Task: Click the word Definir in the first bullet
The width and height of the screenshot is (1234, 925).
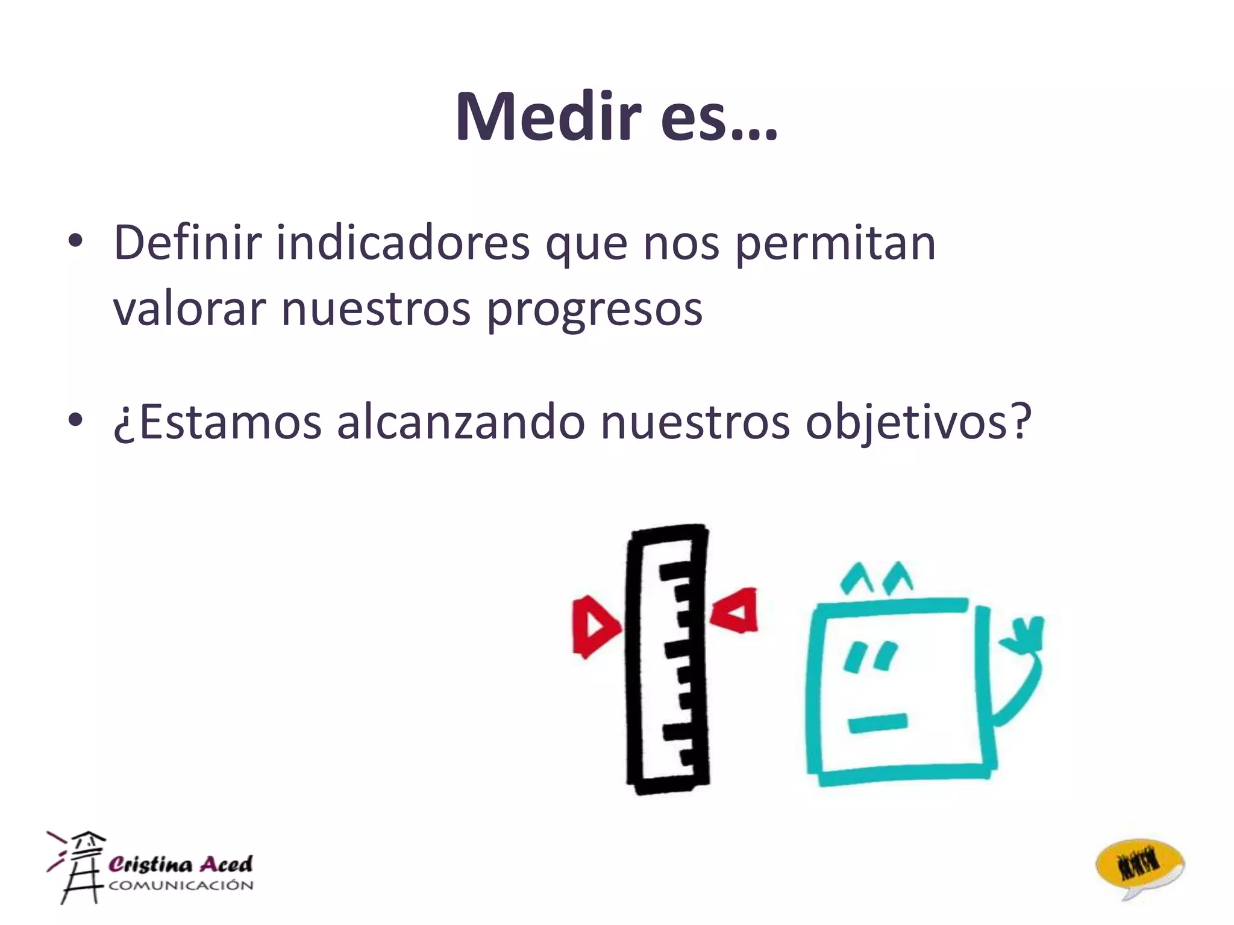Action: pos(187,243)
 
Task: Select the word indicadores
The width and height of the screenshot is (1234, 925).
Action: pos(403,243)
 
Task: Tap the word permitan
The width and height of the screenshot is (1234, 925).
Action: pos(835,244)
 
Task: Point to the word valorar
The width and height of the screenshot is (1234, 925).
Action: pos(189,308)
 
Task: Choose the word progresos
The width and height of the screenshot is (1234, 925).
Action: pos(594,310)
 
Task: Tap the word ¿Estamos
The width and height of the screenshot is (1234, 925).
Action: pos(218,423)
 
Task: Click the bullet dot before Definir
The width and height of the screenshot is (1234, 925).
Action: pos(75,244)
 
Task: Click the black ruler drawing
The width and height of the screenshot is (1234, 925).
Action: pos(668,659)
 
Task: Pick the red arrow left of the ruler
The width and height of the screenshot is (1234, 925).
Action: pos(594,626)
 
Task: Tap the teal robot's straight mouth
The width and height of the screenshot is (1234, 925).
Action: pos(877,723)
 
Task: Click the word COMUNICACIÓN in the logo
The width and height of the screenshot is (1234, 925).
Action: pos(181,885)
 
